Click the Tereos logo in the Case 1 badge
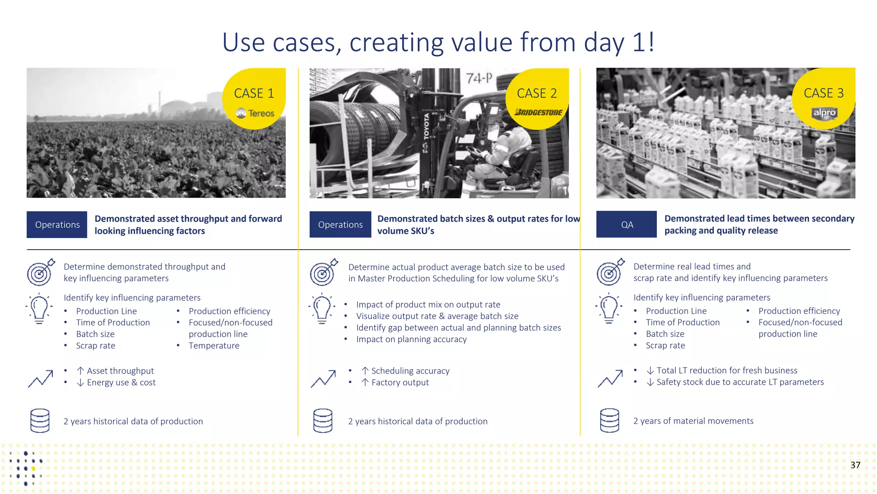click(x=255, y=113)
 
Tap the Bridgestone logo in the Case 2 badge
click(x=538, y=112)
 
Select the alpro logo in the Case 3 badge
click(x=824, y=113)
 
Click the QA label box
click(x=626, y=224)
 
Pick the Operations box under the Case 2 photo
click(x=340, y=224)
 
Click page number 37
click(x=855, y=465)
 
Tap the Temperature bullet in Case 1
click(x=214, y=346)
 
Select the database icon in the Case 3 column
click(x=609, y=420)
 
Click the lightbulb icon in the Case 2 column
click(x=322, y=308)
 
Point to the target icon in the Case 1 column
click(x=40, y=272)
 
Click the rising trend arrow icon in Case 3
click(x=610, y=378)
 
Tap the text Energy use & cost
click(x=121, y=383)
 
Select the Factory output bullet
click(x=400, y=383)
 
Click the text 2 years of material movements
click(x=693, y=421)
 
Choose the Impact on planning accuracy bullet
click(x=411, y=339)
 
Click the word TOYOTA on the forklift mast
click(x=426, y=127)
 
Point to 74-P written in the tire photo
click(x=479, y=78)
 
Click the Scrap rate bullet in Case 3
click(x=665, y=346)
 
